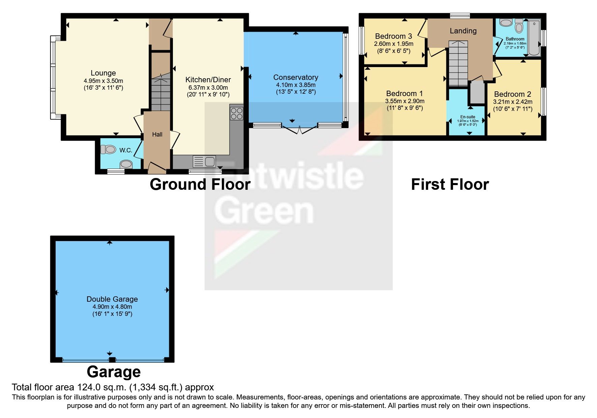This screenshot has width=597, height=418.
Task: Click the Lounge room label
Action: pos(103,73)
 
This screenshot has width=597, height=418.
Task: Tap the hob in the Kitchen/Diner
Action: pos(237,113)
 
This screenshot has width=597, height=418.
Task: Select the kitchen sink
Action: pos(204,161)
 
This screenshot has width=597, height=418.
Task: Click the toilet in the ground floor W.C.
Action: pos(108,149)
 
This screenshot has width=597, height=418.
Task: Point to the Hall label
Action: pos(157,135)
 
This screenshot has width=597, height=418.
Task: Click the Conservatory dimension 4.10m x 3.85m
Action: pos(296,85)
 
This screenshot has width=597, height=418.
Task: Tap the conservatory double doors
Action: pos(299,130)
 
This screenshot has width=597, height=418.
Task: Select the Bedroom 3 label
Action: pos(393,36)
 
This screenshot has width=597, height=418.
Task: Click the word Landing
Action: pos(463,31)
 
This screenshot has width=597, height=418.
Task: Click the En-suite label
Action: pos(468,117)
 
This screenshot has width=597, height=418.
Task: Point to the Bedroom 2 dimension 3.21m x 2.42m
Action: pos(512,102)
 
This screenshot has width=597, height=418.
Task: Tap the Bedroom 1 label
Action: pos(404,93)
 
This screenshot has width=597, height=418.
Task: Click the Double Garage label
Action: pos(112,299)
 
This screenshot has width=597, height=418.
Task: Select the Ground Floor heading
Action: pos(200,184)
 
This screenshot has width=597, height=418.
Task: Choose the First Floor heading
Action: pos(450,184)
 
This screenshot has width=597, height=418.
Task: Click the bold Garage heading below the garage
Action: pos(114,372)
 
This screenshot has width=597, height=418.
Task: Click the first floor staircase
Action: pos(458,64)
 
